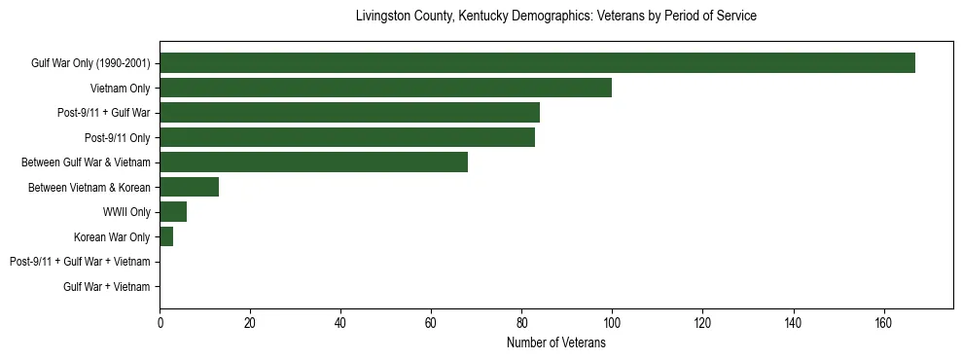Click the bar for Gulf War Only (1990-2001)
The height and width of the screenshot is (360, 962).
pos(537,63)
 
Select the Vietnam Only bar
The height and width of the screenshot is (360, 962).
pos(385,88)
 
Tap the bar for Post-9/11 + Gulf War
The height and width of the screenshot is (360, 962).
pos(349,113)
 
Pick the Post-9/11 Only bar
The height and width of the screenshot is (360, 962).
pos(347,137)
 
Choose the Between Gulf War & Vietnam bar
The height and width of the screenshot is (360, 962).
pos(313,162)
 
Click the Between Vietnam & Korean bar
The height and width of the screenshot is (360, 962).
pos(189,187)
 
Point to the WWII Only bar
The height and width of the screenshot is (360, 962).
pos(173,212)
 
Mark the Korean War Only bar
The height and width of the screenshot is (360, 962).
pos(166,236)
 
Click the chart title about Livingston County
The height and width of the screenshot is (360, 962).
pos(555,17)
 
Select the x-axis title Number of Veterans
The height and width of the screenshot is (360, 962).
pos(555,343)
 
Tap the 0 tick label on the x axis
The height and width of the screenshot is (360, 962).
pos(160,324)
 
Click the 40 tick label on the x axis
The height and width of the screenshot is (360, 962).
pos(340,324)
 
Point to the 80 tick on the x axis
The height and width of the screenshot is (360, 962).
pos(521,324)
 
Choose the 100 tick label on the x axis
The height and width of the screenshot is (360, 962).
pos(612,324)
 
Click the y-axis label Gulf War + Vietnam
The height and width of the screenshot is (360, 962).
pos(107,287)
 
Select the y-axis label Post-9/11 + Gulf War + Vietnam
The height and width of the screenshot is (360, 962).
pos(80,262)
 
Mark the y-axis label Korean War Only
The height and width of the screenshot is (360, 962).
pos(112,236)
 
